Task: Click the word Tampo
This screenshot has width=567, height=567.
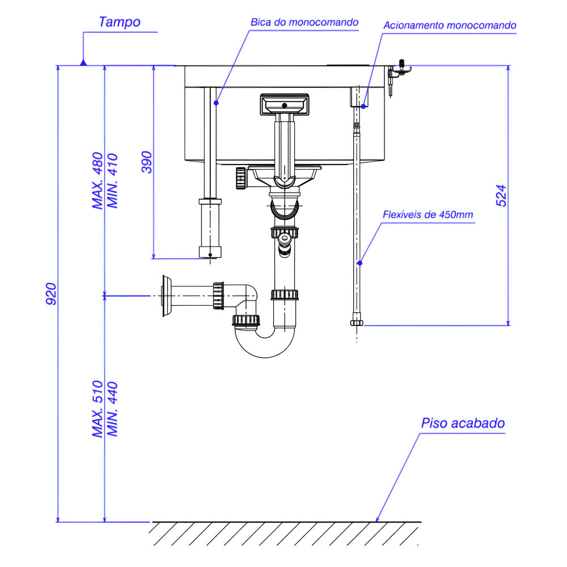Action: pyautogui.click(x=119, y=23)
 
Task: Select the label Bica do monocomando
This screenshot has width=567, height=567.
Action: pyautogui.click(x=304, y=23)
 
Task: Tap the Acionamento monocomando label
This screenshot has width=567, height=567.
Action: pyautogui.click(x=450, y=26)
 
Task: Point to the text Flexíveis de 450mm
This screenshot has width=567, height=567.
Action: pyautogui.click(x=428, y=215)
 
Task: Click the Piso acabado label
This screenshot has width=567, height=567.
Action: pyautogui.click(x=463, y=424)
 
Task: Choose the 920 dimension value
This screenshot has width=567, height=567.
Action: pyautogui.click(x=51, y=294)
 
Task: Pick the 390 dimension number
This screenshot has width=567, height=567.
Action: pyautogui.click(x=146, y=162)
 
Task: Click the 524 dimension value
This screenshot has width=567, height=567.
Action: pyautogui.click(x=501, y=196)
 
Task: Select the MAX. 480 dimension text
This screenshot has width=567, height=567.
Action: pyautogui.click(x=98, y=181)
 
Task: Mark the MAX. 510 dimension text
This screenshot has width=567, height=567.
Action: pyautogui.click(x=98, y=409)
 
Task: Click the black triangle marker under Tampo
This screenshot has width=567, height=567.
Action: pyautogui.click(x=83, y=62)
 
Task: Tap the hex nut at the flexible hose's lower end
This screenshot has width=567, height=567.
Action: pyautogui.click(x=356, y=323)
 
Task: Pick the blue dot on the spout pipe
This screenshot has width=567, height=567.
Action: pyautogui.click(x=215, y=103)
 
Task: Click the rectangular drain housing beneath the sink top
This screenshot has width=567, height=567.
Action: pyautogui.click(x=283, y=104)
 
